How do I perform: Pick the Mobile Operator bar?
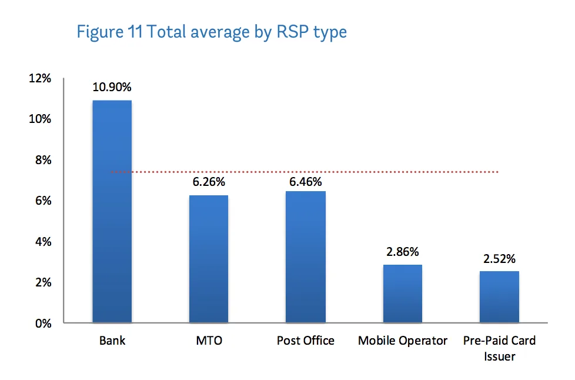403,294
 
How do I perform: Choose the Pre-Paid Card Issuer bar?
500,297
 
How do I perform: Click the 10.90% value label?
112,87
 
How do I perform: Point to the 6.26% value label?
209,182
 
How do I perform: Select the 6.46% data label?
306,182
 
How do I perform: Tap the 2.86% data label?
403,252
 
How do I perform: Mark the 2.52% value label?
500,259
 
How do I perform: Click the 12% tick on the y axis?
40,78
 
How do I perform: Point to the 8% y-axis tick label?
43,160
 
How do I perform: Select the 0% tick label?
43,323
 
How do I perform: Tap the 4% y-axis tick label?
43,242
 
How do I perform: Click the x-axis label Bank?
112,341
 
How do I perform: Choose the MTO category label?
209,341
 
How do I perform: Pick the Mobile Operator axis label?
403,341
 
